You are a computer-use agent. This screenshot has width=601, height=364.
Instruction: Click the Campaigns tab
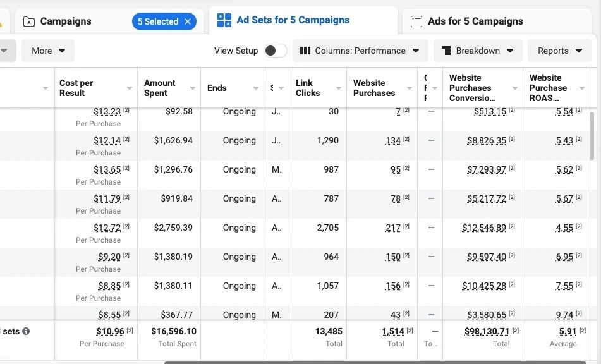65,21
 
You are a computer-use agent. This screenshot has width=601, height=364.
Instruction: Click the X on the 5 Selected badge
188,21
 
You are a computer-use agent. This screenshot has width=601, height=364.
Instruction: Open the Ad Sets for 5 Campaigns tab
293,20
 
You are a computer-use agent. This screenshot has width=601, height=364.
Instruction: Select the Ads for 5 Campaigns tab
475,21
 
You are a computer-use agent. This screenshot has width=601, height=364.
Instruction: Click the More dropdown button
48,51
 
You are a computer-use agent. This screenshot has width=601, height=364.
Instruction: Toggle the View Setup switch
275,51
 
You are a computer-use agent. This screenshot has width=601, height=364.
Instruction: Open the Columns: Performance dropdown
360,51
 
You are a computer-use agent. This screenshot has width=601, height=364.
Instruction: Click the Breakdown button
478,51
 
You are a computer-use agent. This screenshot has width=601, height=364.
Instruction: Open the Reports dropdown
560,51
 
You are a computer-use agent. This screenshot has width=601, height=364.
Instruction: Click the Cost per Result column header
76,88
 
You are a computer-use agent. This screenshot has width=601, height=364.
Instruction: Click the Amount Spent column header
160,88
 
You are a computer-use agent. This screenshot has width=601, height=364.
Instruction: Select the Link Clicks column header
308,88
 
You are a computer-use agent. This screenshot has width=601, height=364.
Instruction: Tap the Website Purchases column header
374,88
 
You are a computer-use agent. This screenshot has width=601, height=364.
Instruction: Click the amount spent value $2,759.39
173,227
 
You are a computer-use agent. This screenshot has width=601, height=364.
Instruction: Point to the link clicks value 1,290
327,140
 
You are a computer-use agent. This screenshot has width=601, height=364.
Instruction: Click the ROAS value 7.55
564,286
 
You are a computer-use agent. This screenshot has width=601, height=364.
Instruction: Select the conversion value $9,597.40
487,257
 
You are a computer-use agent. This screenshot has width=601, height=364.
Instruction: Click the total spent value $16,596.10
174,331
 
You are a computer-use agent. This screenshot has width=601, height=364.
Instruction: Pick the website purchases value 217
393,227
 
